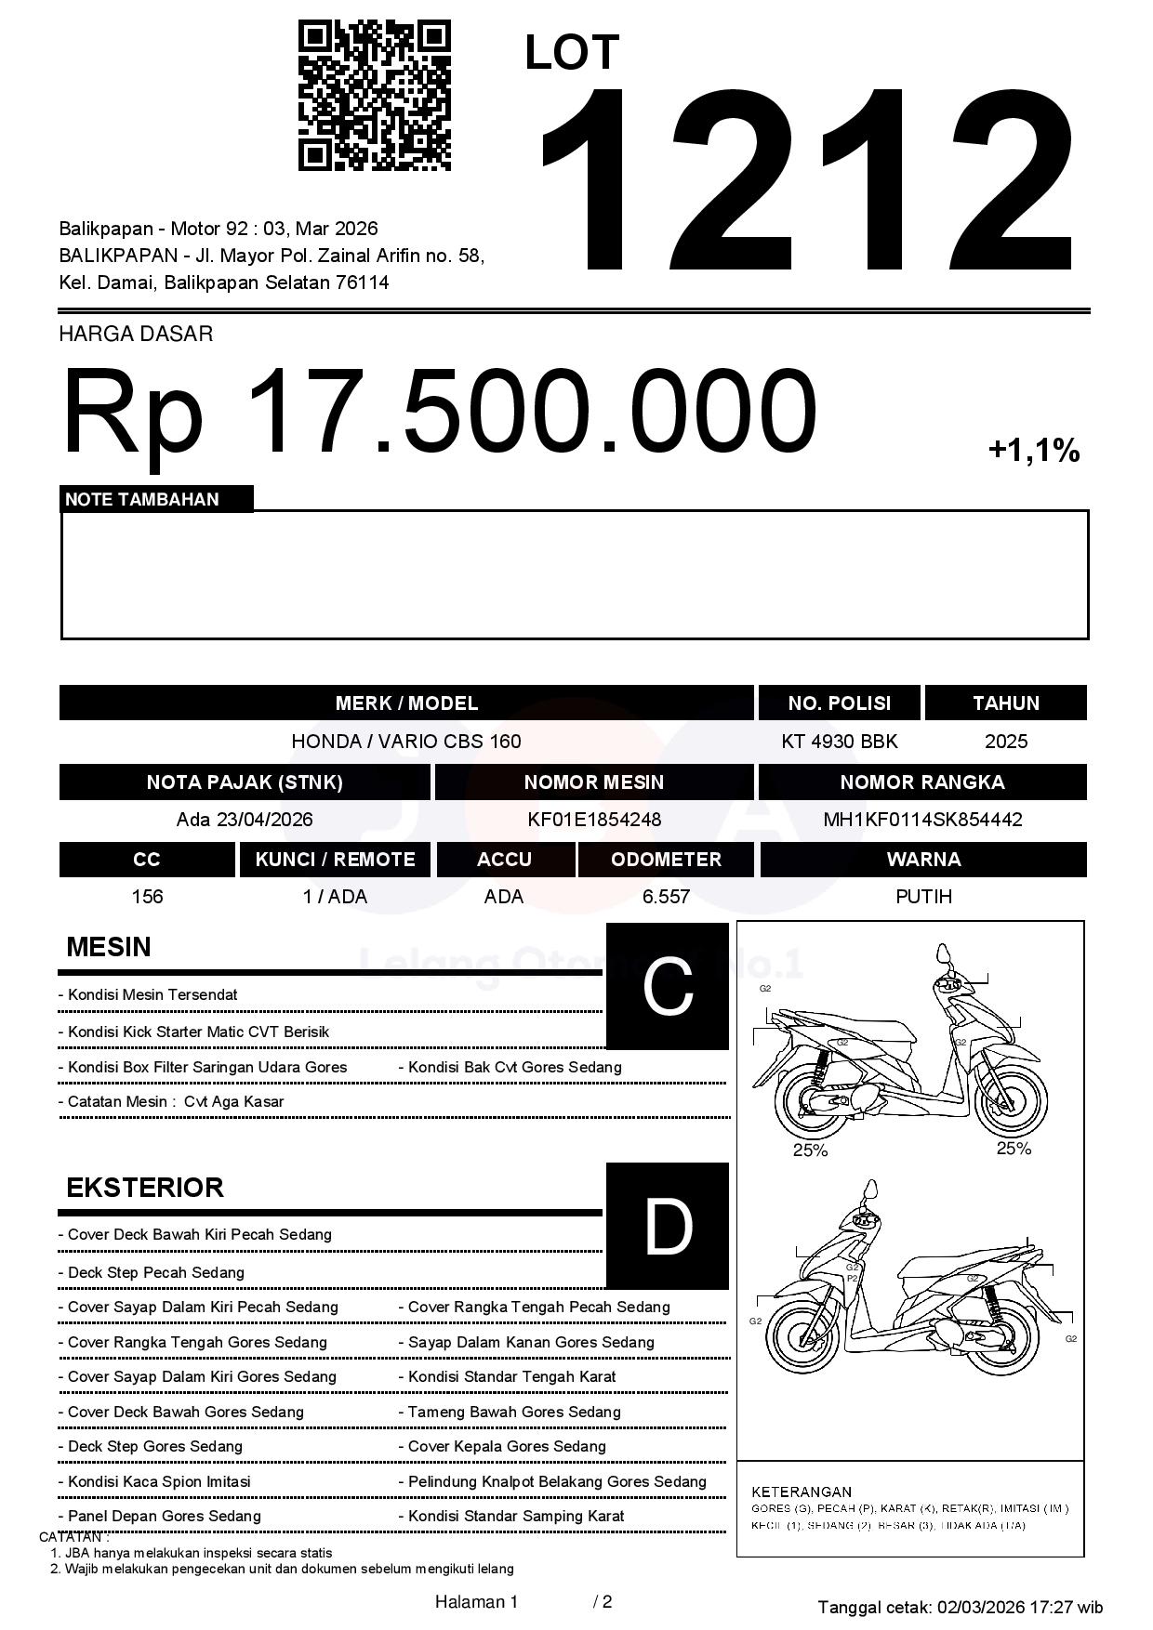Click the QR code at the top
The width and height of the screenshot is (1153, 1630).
(375, 96)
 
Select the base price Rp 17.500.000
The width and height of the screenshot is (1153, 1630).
(439, 410)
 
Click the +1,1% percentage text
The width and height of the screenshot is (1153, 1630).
(1033, 452)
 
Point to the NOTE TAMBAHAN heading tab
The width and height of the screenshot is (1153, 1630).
(142, 499)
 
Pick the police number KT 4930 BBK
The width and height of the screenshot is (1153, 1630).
(840, 742)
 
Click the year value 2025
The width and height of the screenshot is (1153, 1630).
(1006, 742)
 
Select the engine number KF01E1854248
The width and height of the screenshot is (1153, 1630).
(594, 820)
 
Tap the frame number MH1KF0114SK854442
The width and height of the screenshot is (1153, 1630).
(922, 820)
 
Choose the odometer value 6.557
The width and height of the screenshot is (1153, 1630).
(666, 897)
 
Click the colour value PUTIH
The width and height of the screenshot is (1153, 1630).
(923, 897)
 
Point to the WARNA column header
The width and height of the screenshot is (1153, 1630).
(923, 860)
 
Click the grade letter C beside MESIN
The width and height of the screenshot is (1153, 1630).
(668, 986)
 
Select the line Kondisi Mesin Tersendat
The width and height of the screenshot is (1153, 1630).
(152, 994)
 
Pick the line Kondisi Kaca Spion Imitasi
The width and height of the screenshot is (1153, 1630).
(159, 1481)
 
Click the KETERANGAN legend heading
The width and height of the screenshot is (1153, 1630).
(802, 1492)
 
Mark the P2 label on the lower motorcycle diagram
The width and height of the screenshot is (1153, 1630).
(852, 1279)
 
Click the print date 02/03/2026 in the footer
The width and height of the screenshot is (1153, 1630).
(981, 1607)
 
